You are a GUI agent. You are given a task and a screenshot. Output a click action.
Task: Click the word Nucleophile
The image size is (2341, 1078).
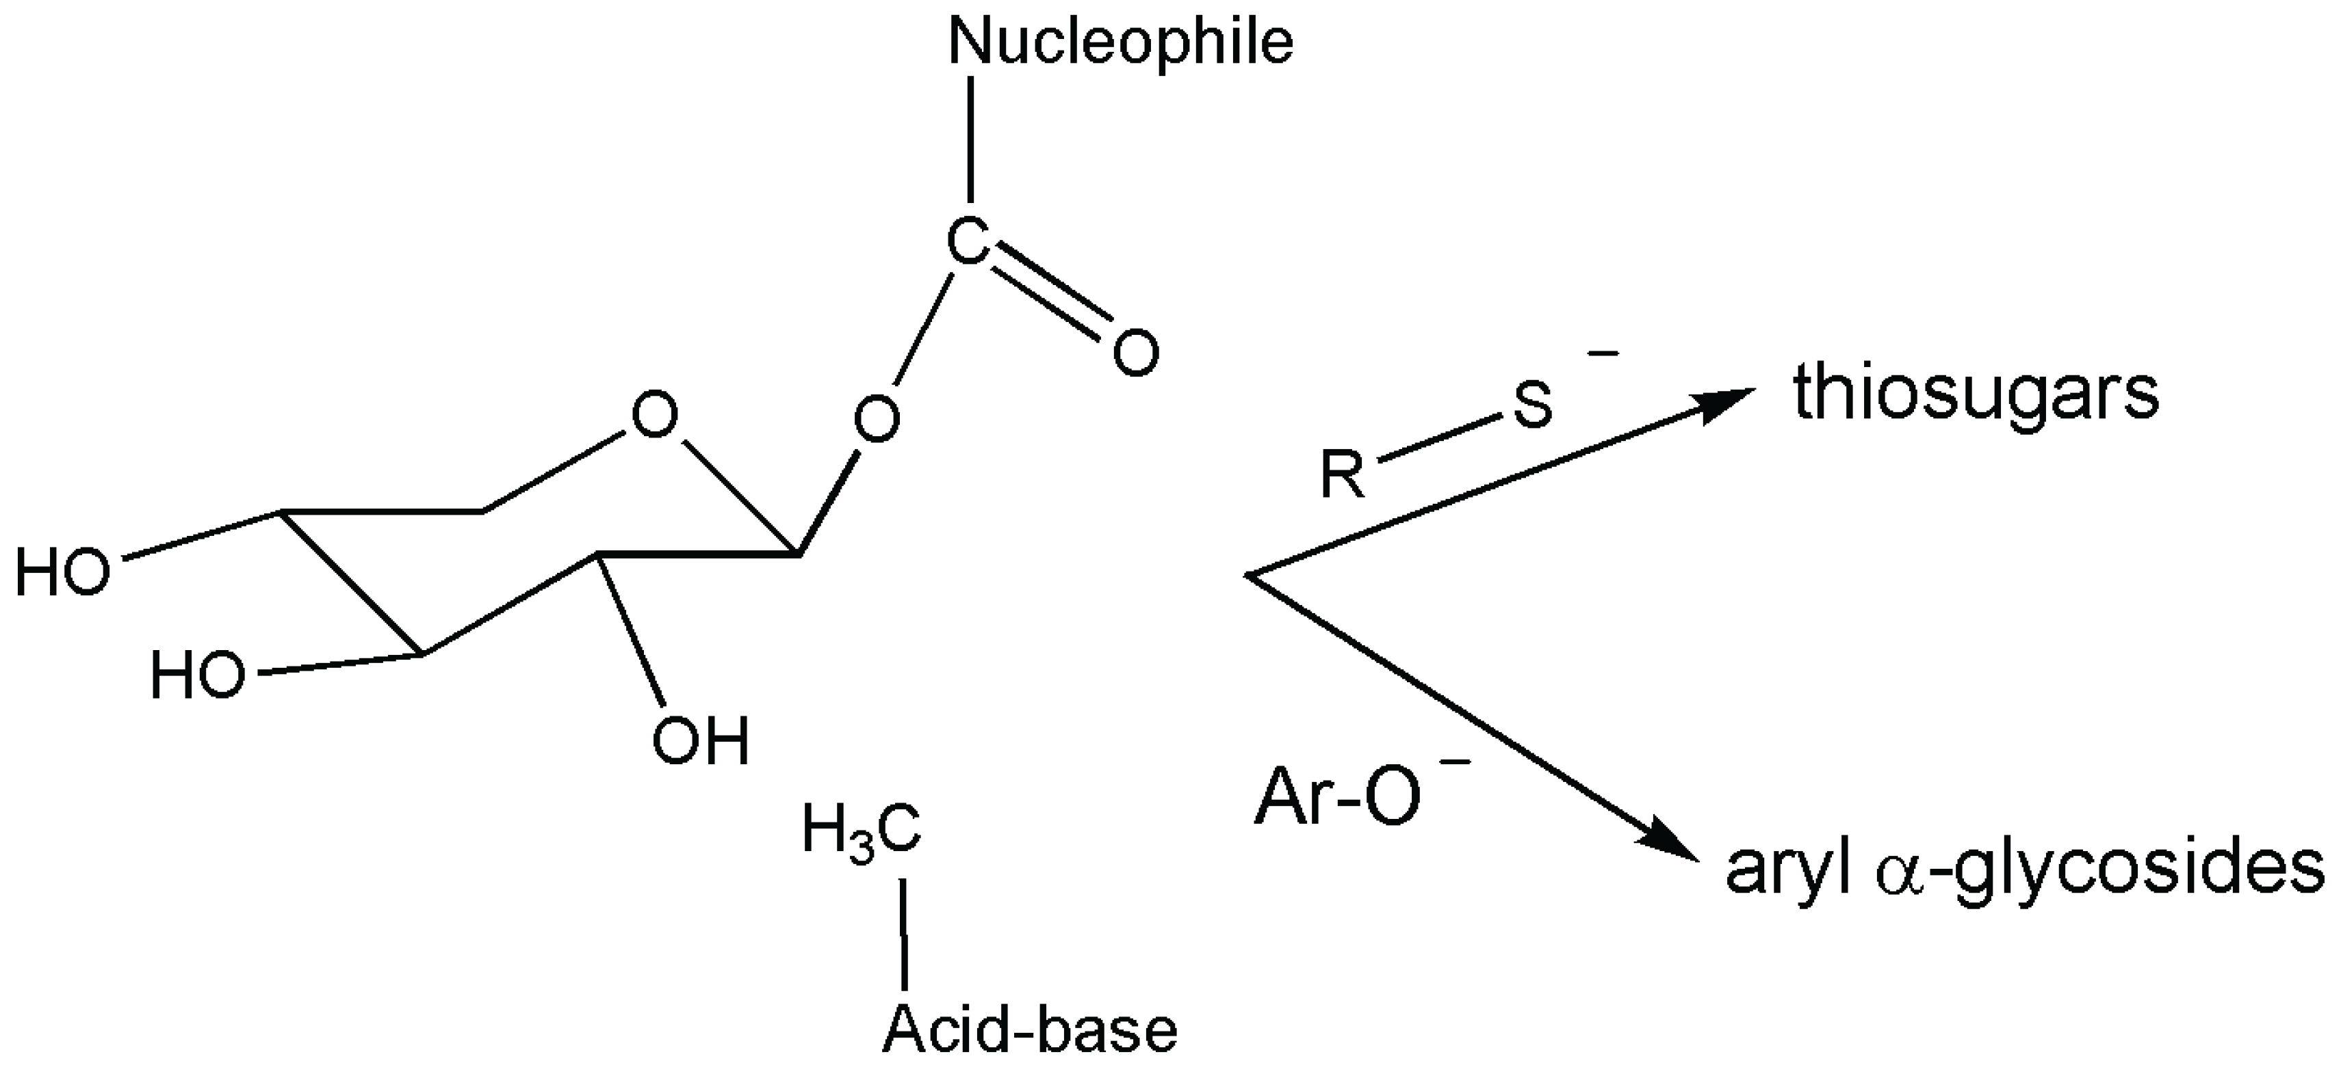coord(1120,42)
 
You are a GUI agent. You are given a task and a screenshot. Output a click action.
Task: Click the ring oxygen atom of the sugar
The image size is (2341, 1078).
coord(654,416)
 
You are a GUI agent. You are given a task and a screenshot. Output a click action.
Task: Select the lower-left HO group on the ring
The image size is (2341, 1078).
coord(197,675)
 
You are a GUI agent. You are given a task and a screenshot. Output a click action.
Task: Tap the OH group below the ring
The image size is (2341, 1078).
coord(701,742)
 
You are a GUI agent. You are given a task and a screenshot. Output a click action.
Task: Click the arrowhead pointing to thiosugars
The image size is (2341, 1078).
coord(1722,404)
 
